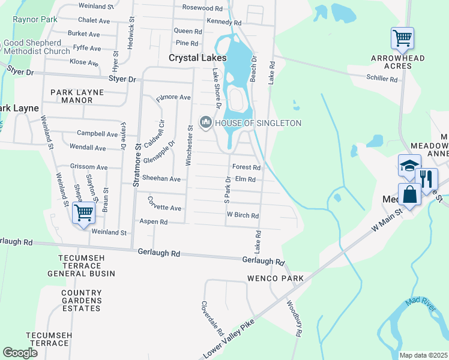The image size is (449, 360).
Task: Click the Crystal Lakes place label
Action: tap(197, 58)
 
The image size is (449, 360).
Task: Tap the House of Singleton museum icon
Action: tap(206, 123)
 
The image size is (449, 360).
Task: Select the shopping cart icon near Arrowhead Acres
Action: tap(402, 39)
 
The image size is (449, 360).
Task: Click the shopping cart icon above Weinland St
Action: tap(83, 212)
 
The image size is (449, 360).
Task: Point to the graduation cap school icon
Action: tap(409, 165)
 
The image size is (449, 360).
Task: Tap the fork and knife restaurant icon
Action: tap(426, 179)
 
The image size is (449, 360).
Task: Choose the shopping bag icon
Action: tap(409, 196)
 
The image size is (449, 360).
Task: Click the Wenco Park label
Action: tap(276, 278)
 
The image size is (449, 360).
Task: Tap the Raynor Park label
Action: tap(35, 19)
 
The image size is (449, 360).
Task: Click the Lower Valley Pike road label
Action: tap(229, 338)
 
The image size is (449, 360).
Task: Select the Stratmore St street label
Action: tap(136, 165)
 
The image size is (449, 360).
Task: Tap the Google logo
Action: tap(20, 352)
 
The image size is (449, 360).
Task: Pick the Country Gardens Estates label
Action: tap(81, 301)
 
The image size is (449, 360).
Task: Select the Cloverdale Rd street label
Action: tap(212, 318)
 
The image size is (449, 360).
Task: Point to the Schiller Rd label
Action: tap(384, 77)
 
